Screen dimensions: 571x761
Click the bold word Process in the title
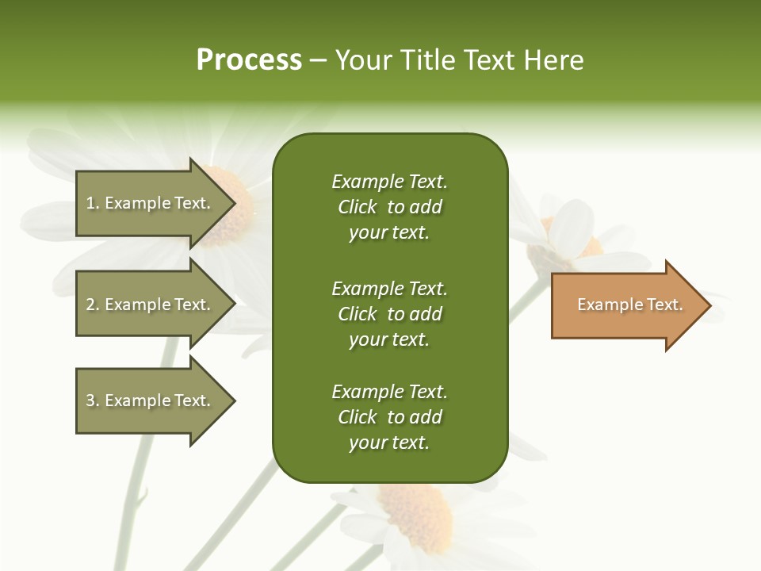(x=249, y=60)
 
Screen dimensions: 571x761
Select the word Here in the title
(x=554, y=60)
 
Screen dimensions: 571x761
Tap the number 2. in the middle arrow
(x=92, y=305)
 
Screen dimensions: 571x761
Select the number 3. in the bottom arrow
(x=92, y=400)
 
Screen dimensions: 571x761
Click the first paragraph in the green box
(x=389, y=207)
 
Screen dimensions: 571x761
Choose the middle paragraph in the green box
(x=389, y=314)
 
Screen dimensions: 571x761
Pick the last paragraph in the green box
(x=389, y=417)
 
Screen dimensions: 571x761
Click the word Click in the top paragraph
(x=358, y=207)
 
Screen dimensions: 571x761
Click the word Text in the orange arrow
(x=664, y=305)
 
